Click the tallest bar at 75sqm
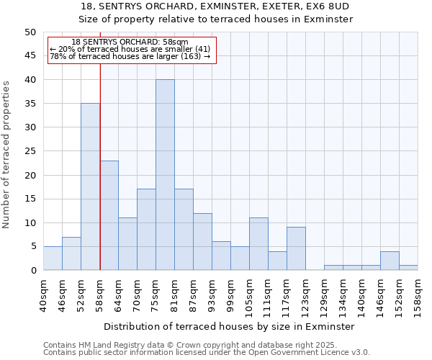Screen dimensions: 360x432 point(165,175)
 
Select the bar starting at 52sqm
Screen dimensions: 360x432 point(90,186)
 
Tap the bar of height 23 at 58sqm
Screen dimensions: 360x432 point(109,215)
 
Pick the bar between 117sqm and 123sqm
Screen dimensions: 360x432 point(296,248)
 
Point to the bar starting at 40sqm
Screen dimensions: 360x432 point(53,258)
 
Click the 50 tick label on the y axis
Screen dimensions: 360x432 point(30,32)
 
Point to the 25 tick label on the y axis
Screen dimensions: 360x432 point(30,151)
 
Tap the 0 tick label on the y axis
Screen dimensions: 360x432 point(32,271)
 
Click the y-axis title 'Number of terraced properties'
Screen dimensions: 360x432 point(7,155)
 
